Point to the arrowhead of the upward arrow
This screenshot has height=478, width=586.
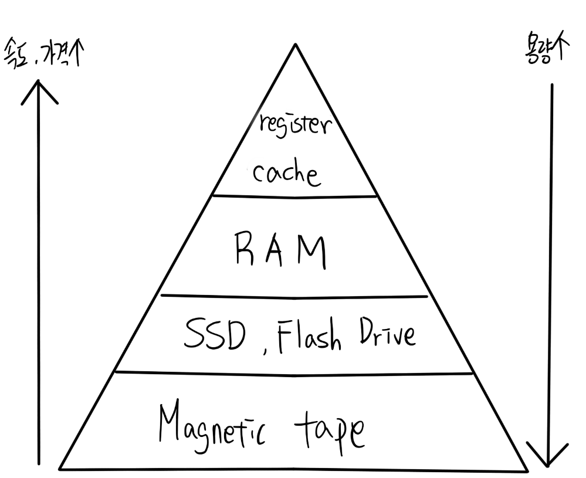[x=39, y=85]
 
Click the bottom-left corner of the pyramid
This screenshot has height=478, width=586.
[x=60, y=469]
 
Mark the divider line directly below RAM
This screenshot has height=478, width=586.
[x=293, y=296]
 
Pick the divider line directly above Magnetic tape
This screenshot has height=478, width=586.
[x=293, y=372]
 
